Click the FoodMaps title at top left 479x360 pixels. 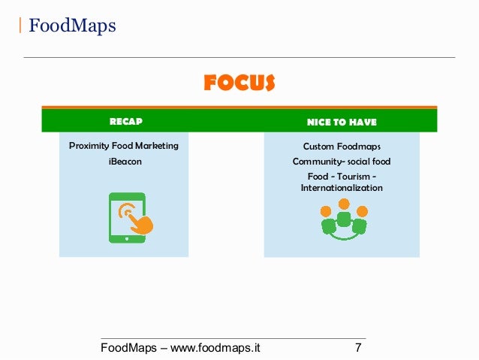pyautogui.click(x=72, y=26)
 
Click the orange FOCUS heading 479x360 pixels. pyautogui.click(x=239, y=83)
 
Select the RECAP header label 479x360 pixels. pyautogui.click(x=125, y=121)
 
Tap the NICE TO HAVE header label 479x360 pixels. pyautogui.click(x=342, y=122)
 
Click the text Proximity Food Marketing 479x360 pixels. pyautogui.click(x=124, y=146)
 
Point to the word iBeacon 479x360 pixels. pyautogui.click(x=125, y=161)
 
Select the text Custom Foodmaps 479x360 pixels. pyautogui.click(x=342, y=147)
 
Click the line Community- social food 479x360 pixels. pyautogui.click(x=342, y=162)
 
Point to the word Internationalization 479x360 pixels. pyautogui.click(x=342, y=188)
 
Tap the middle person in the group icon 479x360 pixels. pyautogui.click(x=343, y=214)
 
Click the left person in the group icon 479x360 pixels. pyautogui.click(x=327, y=220)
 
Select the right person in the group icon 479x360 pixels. pyautogui.click(x=360, y=220)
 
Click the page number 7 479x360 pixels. pyautogui.click(x=358, y=348)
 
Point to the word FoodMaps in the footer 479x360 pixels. pyautogui.click(x=129, y=348)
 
